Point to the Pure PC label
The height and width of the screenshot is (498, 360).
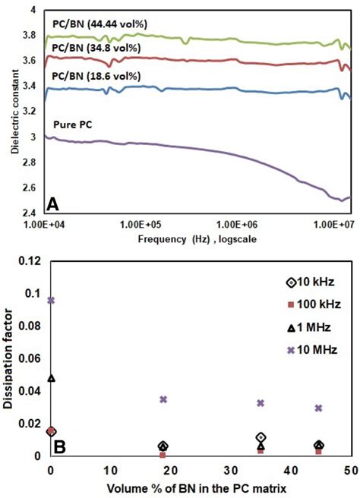tap(73, 123)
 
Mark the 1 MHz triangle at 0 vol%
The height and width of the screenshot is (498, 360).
tap(51, 377)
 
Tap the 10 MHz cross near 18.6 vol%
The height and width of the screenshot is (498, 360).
tap(163, 399)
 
